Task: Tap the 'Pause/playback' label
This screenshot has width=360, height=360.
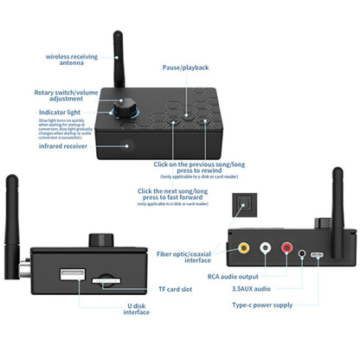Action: (x=185, y=67)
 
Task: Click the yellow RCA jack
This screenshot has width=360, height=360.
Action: (x=244, y=247)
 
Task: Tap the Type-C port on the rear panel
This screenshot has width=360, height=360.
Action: (x=318, y=255)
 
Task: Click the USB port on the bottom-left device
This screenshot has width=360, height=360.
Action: (x=72, y=275)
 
